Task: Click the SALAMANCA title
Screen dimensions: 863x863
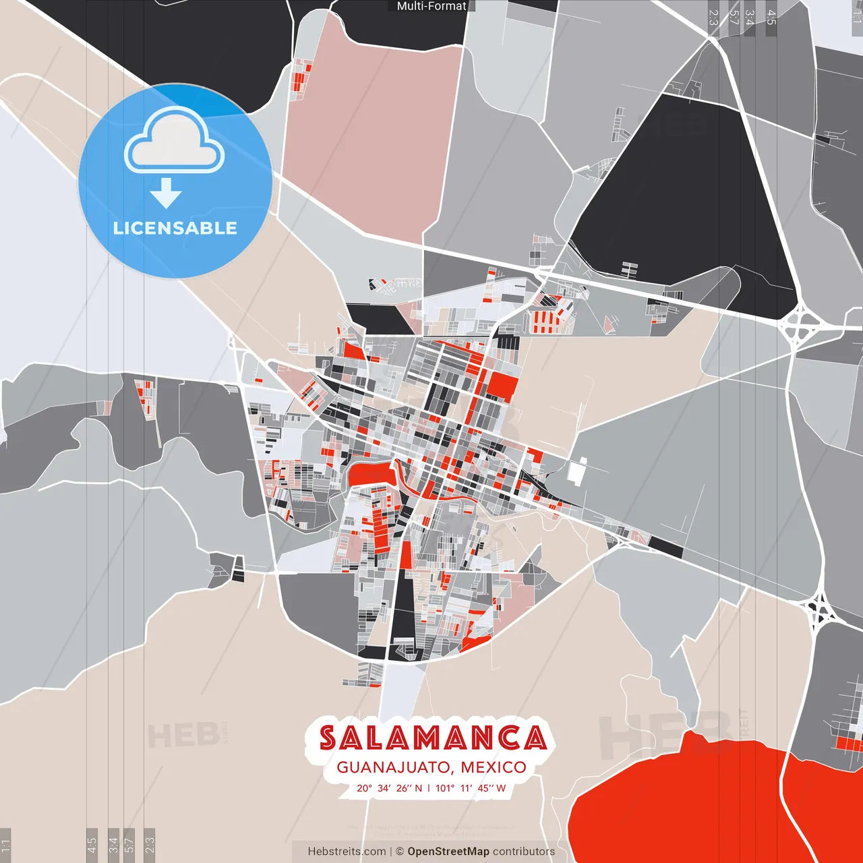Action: tap(432, 738)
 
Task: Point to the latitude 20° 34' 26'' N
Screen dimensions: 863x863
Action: tap(389, 788)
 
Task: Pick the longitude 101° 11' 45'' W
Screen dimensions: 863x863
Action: tap(470, 788)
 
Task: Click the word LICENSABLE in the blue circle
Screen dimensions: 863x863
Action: tap(175, 228)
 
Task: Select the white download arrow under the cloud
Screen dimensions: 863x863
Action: tap(166, 194)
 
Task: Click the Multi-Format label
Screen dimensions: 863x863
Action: tap(431, 6)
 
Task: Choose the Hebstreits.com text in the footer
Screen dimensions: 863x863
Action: tap(347, 852)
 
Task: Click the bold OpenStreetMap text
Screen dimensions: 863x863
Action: tap(448, 852)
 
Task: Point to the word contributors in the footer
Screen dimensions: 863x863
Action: tap(524, 852)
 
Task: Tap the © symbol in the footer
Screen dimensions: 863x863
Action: tap(400, 852)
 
